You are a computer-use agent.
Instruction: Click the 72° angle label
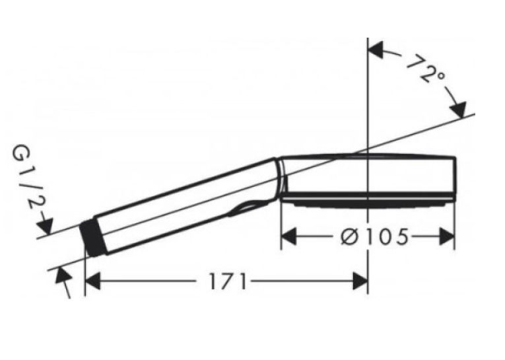tap(426, 69)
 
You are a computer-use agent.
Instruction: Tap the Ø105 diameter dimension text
tap(374, 236)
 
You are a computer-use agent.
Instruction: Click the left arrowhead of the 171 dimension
tap(93, 281)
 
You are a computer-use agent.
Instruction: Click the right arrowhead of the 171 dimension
tap(360, 281)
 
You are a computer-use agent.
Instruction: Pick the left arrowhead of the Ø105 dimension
tap(289, 236)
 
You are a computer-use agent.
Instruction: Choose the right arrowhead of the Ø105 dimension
tap(447, 236)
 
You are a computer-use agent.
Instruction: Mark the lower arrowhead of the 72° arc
tap(459, 110)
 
